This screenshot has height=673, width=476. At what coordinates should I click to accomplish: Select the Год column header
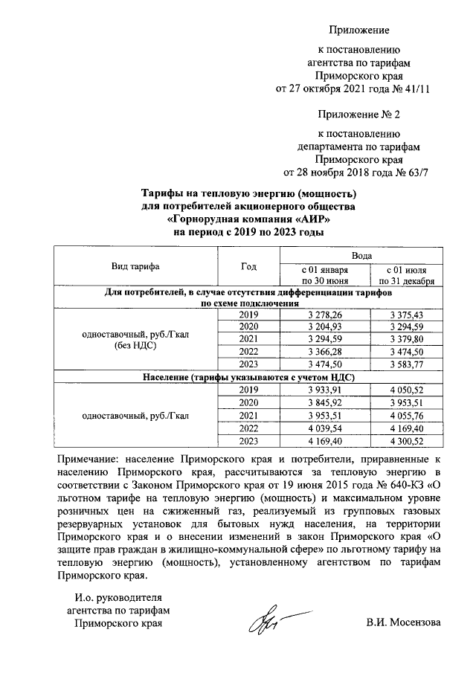[x=249, y=266]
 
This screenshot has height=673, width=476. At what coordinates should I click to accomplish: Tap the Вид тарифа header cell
[x=135, y=266]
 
